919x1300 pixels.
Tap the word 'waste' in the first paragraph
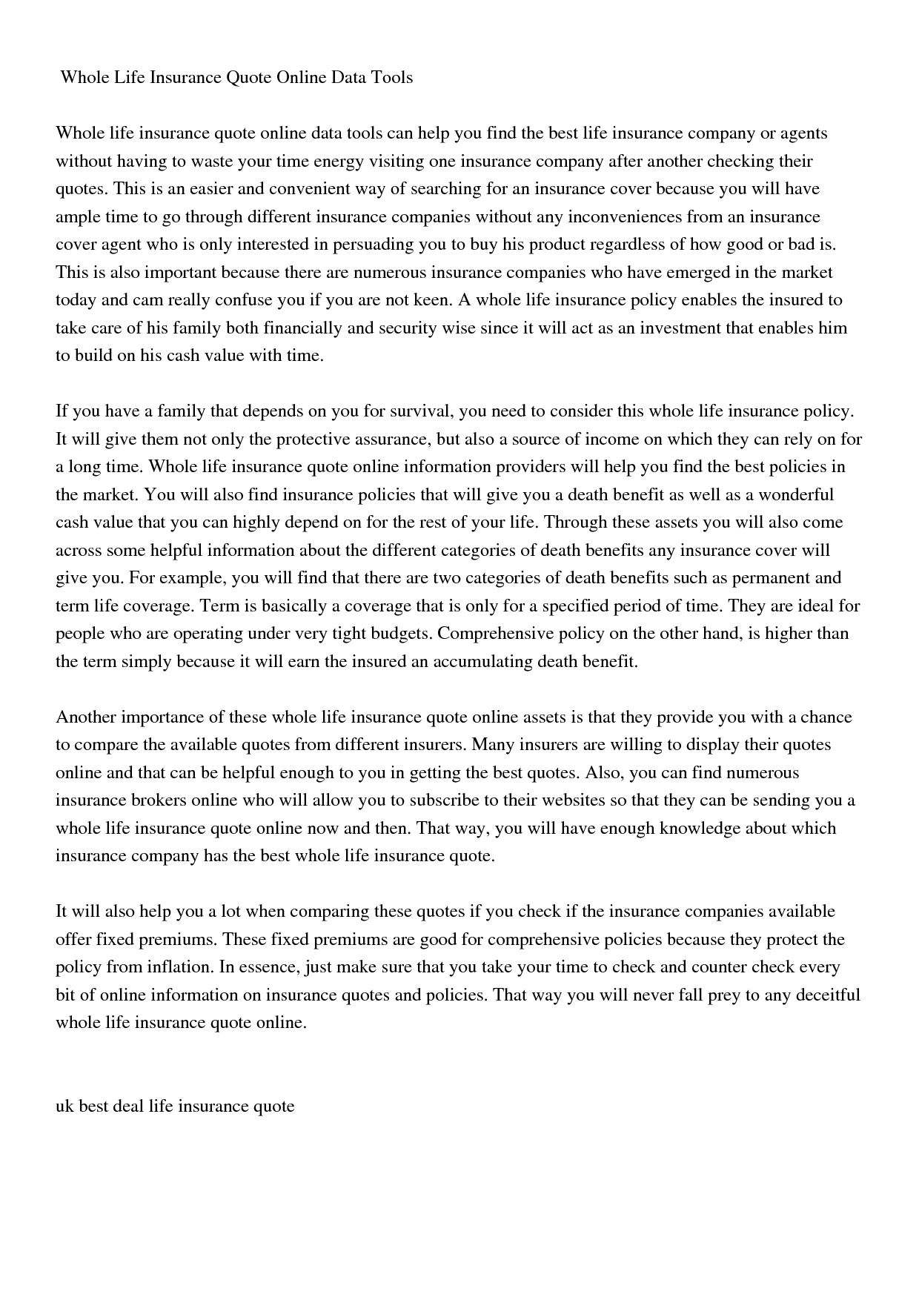pyautogui.click(x=214, y=161)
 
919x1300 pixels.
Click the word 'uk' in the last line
pyautogui.click(x=64, y=1107)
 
